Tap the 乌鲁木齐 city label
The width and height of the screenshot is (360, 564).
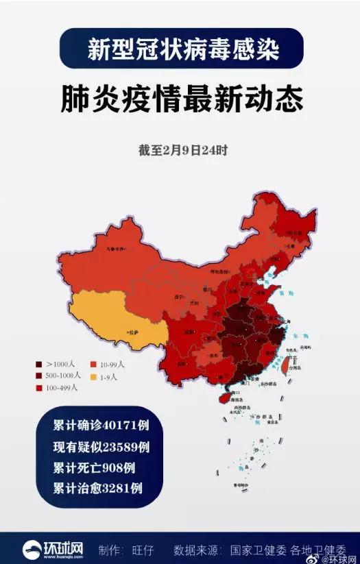pyautogui.click(x=115, y=249)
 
